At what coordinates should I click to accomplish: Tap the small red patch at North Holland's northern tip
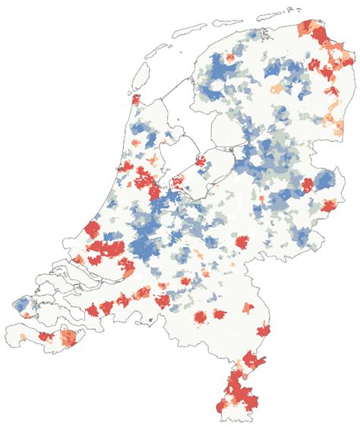coord(136,100)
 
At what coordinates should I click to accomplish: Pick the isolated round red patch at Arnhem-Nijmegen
coord(244,242)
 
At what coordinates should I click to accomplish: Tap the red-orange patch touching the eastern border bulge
coord(329,204)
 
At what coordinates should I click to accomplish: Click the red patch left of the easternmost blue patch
coord(307,185)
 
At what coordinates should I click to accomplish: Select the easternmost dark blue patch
coord(324,181)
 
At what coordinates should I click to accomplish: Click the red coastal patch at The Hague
coord(92,229)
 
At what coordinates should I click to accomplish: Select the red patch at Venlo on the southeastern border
coord(263,330)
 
